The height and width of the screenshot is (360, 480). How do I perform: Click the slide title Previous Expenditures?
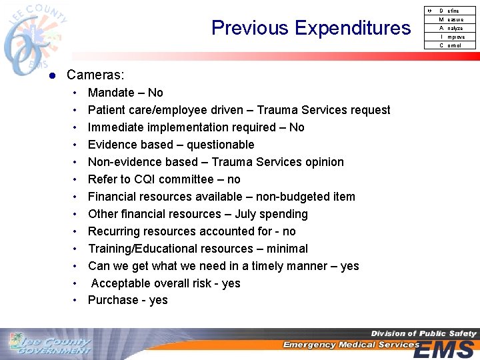[x=311, y=28]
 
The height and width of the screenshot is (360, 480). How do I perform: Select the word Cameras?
[x=94, y=76]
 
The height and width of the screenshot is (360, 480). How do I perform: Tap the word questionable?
[x=220, y=145]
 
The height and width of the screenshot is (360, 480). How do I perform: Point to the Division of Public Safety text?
[x=423, y=333]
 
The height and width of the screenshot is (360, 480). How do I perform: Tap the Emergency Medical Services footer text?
[x=351, y=345]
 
